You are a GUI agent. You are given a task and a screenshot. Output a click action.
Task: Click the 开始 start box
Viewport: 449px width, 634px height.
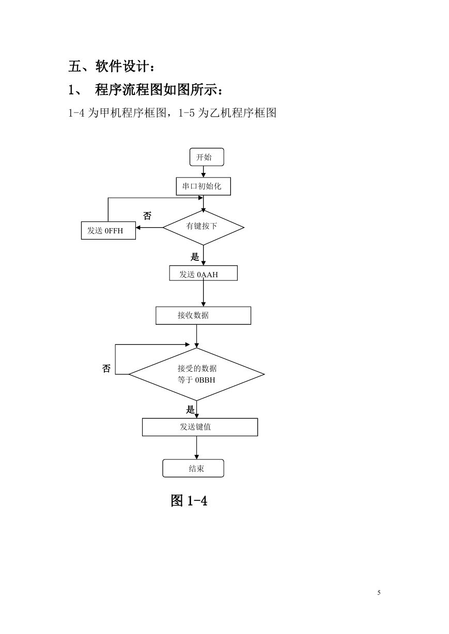207,157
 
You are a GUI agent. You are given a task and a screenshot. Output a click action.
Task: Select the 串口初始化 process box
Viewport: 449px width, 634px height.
203,186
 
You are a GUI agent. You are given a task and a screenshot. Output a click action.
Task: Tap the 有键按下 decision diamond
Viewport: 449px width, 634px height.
204,227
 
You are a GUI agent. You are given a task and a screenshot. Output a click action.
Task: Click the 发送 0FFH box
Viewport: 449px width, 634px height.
108,230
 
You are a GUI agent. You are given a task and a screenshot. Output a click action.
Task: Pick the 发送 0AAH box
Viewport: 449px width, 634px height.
203,273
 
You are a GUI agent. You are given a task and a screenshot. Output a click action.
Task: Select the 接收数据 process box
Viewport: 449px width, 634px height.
203,315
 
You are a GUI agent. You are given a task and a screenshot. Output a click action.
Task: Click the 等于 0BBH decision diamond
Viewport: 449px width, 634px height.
196,374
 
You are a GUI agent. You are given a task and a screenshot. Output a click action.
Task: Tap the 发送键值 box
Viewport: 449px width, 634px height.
200,427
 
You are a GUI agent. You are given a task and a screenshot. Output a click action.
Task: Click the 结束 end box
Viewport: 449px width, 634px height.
193,468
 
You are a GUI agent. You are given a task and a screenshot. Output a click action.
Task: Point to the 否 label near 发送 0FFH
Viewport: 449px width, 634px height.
147,216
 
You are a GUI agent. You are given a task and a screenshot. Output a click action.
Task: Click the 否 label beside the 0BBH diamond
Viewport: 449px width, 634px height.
106,368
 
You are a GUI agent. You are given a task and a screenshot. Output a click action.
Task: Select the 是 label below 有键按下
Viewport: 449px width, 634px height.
195,257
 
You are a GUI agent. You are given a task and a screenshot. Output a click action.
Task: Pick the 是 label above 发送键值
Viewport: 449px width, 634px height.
190,409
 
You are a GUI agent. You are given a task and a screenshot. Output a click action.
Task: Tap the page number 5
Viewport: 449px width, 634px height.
379,592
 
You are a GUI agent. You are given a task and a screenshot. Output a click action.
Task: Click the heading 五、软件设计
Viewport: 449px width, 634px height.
111,67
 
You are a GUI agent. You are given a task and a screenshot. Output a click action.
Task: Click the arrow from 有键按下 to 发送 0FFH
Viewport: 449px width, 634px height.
149,227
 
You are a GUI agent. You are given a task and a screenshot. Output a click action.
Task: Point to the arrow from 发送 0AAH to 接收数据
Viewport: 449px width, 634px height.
203,293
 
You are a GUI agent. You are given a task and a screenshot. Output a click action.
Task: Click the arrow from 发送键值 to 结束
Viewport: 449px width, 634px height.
196,448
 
